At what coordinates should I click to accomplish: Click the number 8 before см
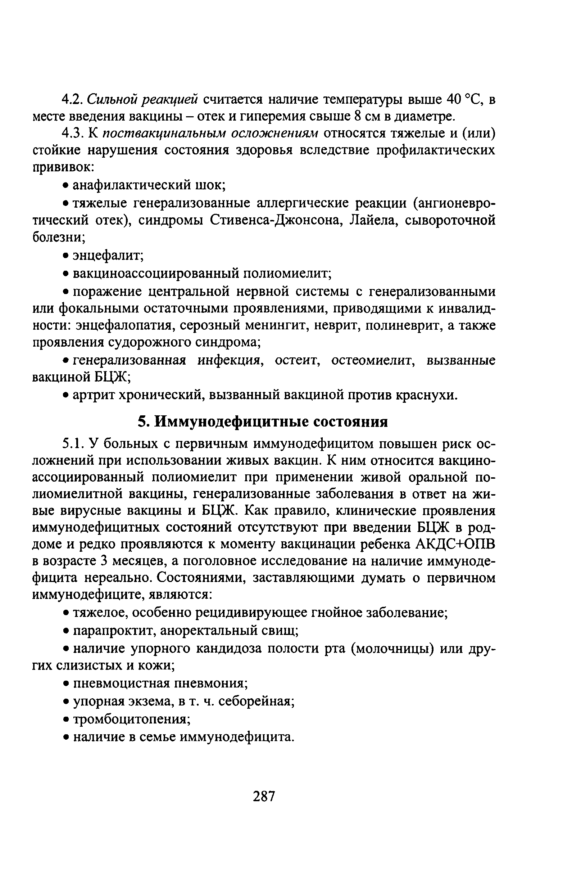point(358,117)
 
